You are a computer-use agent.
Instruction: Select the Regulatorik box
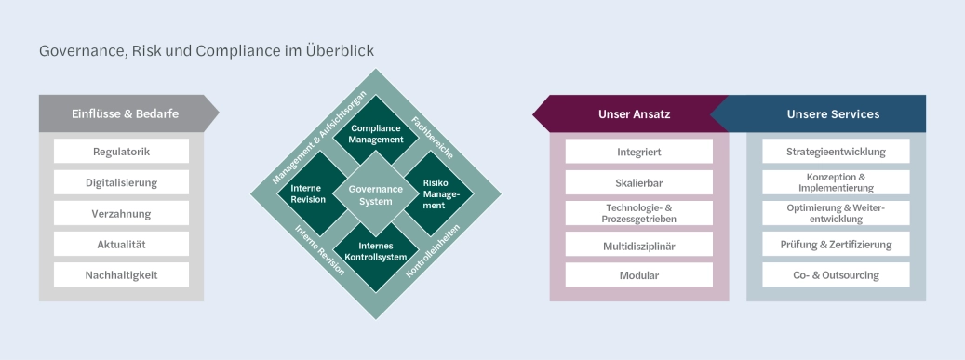click(x=121, y=152)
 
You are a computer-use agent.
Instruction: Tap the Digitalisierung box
click(x=121, y=182)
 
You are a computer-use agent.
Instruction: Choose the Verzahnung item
click(x=121, y=213)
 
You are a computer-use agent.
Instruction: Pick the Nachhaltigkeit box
click(x=121, y=274)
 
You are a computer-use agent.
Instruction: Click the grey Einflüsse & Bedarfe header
click(x=125, y=113)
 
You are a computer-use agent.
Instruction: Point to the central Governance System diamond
click(x=376, y=193)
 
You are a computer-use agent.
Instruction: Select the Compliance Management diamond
click(x=376, y=133)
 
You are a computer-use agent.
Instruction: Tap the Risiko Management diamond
click(x=436, y=193)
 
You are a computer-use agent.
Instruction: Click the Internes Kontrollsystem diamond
click(x=376, y=251)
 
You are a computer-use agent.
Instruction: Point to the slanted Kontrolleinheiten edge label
click(x=436, y=250)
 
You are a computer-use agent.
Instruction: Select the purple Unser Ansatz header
click(x=633, y=113)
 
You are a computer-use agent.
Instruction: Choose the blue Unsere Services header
click(x=832, y=113)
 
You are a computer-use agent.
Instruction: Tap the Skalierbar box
click(x=638, y=182)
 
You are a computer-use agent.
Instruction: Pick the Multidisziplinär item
click(x=638, y=244)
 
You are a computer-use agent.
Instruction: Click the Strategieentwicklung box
click(x=836, y=152)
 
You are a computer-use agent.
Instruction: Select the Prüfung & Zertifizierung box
click(x=836, y=244)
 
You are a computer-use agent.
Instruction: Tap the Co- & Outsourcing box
click(x=836, y=274)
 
